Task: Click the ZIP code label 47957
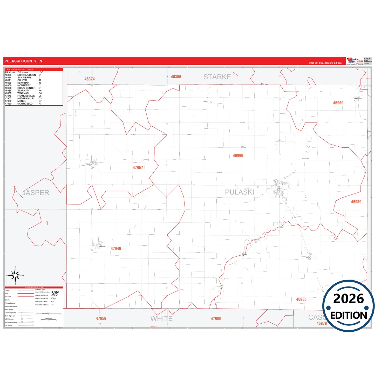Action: pyautogui.click(x=138, y=168)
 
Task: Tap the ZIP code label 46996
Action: pyautogui.click(x=238, y=156)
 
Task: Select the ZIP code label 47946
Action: pyautogui.click(x=116, y=249)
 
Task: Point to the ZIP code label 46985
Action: pyautogui.click(x=301, y=299)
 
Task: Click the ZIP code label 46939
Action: pyautogui.click(x=356, y=202)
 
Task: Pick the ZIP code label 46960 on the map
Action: pyautogui.click(x=338, y=103)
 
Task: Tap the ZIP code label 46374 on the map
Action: pyautogui.click(x=90, y=79)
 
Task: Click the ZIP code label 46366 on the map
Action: pyautogui.click(x=176, y=77)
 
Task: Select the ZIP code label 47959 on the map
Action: pyautogui.click(x=101, y=318)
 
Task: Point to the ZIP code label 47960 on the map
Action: pyautogui.click(x=216, y=319)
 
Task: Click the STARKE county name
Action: pyautogui.click(x=217, y=77)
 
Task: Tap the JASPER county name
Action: pyautogui.click(x=36, y=193)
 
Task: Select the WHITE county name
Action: pyautogui.click(x=161, y=319)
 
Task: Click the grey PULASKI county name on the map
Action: pyautogui.click(x=239, y=192)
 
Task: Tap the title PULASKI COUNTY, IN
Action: pyautogui.click(x=23, y=61)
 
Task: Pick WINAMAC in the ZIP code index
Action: pyautogui.click(x=23, y=93)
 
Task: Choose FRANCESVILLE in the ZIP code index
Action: pyautogui.click(x=26, y=96)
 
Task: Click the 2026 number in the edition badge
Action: pyautogui.click(x=348, y=299)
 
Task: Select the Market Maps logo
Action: pyautogui.click(x=355, y=61)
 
